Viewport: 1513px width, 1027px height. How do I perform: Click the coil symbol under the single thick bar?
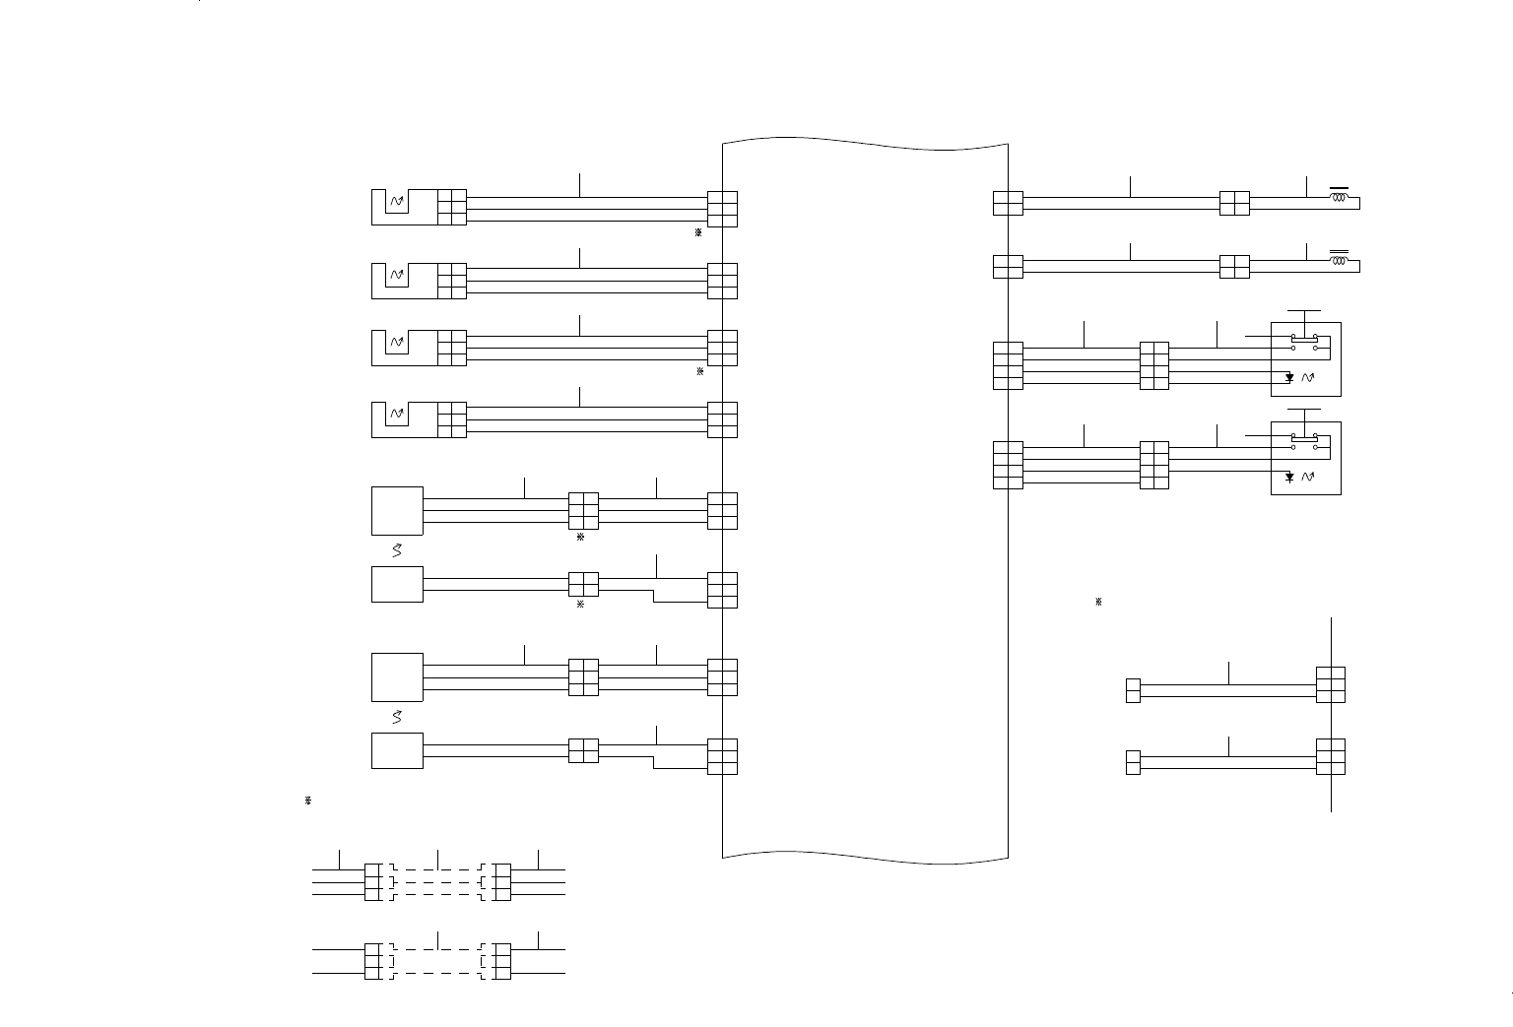[1339, 197]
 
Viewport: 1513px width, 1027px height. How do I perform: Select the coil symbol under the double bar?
[1339, 261]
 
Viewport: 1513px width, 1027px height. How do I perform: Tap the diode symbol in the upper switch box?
[1289, 378]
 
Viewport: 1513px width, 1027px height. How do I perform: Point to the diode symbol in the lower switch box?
[1289, 478]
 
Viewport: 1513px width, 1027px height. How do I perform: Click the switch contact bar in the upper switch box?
[1304, 338]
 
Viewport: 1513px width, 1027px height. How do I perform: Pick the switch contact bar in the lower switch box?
[1304, 437]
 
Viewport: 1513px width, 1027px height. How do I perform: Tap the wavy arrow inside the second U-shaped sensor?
[397, 275]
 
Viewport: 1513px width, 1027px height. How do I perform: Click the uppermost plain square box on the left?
[397, 510]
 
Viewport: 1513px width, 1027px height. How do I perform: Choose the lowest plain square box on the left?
[397, 750]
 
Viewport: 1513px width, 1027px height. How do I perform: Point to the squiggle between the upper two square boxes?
[397, 550]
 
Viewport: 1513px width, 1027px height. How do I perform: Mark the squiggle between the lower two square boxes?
[397, 717]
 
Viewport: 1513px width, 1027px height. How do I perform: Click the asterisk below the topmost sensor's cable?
[697, 233]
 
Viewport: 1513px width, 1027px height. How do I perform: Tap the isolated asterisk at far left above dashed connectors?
[308, 802]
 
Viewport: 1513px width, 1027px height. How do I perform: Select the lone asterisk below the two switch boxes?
[1098, 602]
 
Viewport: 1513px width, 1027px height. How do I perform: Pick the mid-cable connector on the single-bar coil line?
[1234, 203]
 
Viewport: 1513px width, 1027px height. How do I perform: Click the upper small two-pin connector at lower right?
[1133, 690]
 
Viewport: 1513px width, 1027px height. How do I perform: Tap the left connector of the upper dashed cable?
[372, 882]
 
